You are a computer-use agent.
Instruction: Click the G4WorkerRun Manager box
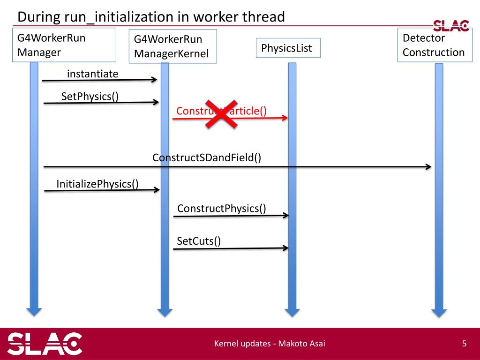[64, 45]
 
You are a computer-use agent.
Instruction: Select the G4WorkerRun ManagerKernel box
[172, 46]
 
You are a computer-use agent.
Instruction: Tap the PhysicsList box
[288, 48]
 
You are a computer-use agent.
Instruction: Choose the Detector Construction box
[433, 45]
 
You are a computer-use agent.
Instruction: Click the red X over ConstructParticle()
[220, 113]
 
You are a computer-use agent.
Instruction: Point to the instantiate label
[93, 74]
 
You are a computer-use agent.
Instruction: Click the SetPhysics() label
[90, 97]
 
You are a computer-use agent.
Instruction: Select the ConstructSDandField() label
[207, 157]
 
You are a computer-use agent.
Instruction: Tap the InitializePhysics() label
[97, 184]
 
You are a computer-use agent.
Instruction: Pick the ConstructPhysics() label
[221, 208]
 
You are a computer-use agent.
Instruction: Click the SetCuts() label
[199, 241]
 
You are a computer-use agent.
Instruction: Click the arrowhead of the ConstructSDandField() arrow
[428, 167]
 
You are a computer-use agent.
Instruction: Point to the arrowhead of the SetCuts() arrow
[285, 248]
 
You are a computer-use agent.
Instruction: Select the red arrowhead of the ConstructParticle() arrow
[284, 118]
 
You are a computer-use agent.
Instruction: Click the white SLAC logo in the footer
[45, 344]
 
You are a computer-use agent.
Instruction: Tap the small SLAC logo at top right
[450, 25]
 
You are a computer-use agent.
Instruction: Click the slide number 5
[464, 344]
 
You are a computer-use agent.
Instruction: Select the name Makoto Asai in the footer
[302, 344]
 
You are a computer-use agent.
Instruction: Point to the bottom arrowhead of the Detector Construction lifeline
[439, 312]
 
